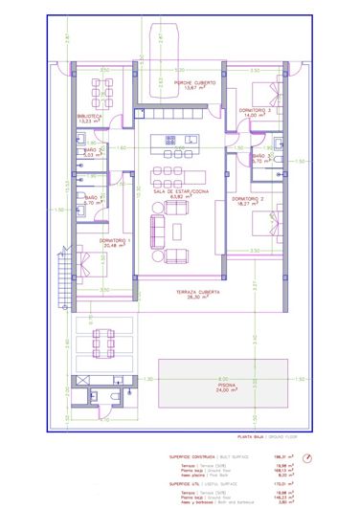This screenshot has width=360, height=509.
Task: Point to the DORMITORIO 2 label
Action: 249,198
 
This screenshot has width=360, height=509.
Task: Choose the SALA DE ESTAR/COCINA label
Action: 180,192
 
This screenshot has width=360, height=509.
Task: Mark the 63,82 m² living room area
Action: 180,198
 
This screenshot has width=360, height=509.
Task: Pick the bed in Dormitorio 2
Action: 263,229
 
